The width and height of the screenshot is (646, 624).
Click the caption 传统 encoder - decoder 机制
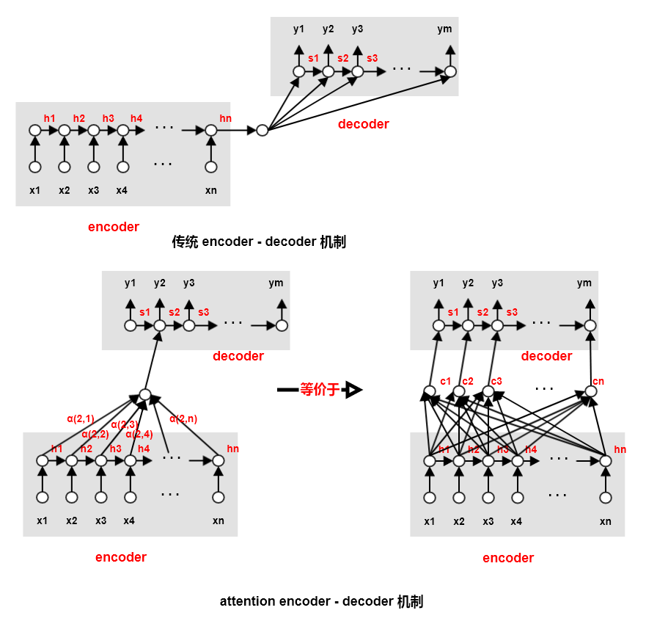coord(258,242)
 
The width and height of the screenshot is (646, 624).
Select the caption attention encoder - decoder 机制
coord(321,602)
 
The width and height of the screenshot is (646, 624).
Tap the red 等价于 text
coord(320,390)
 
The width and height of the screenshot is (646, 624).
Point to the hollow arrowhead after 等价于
coord(353,390)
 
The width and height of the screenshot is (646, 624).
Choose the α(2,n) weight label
coord(183,419)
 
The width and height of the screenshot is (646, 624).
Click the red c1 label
coord(446,380)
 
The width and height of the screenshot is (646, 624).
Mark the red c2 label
coord(468,380)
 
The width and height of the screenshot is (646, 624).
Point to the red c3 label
coord(496,380)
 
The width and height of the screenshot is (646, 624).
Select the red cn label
coord(598,380)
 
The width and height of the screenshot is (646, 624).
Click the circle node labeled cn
coord(591,391)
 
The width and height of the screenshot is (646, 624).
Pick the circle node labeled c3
coord(488,391)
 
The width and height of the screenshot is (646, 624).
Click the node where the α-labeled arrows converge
coord(145,395)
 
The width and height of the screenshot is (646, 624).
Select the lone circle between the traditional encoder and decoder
coord(262,131)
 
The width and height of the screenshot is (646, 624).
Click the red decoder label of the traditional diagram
coord(363,124)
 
